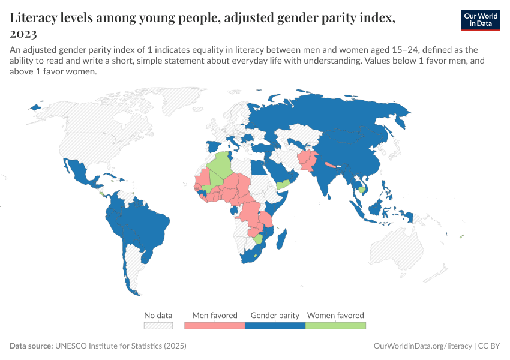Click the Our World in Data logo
tap(480, 20)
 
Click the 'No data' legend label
tap(158, 315)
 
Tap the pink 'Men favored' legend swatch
tap(215, 325)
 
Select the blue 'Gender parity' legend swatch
tap(275, 325)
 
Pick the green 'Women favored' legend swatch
tap(335, 325)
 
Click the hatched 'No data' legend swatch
tap(158, 325)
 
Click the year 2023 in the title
tap(24, 34)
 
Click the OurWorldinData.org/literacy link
tap(422, 346)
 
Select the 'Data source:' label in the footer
tap(31, 346)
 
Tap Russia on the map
tap(336, 114)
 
